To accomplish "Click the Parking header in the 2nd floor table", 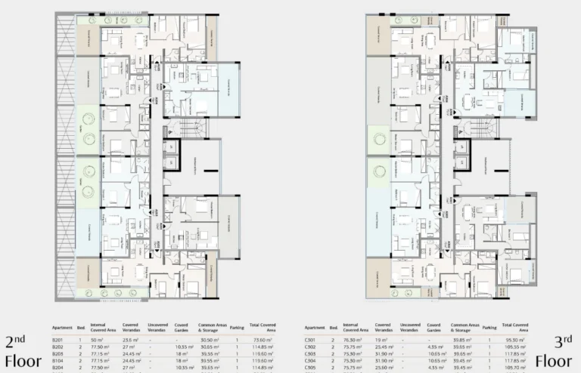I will click(237, 328).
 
